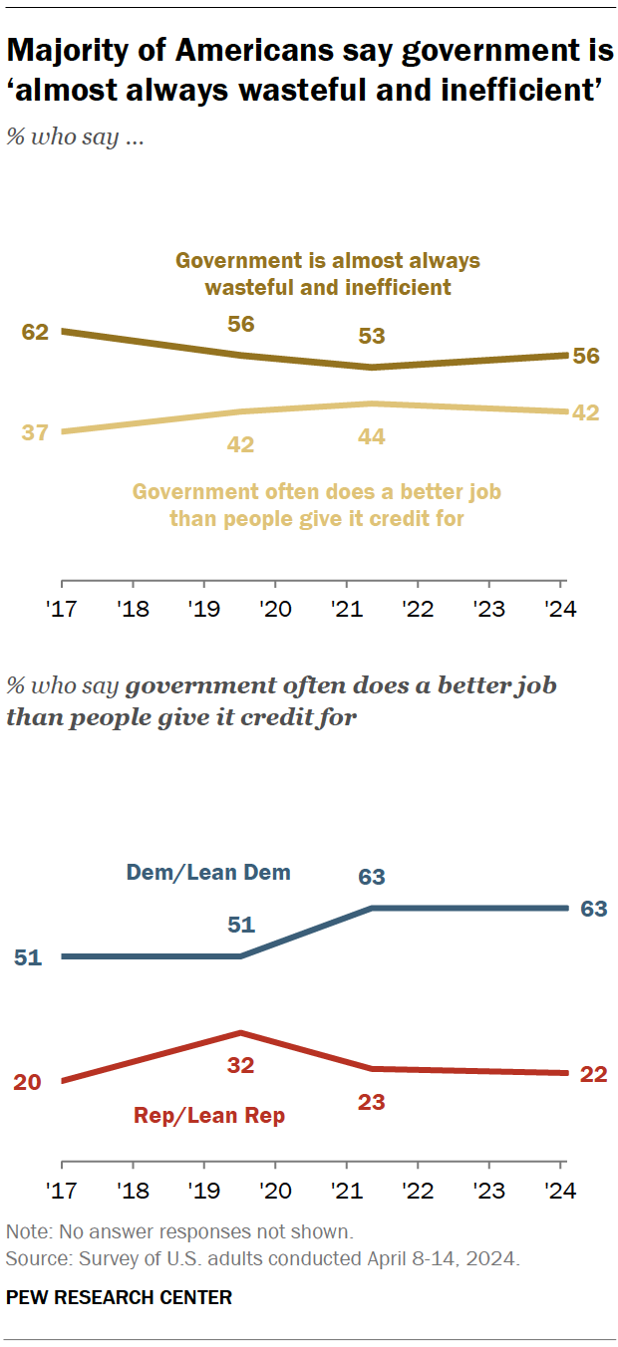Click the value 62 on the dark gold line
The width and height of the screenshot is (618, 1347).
[35, 331]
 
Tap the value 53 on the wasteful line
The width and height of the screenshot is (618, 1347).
[372, 336]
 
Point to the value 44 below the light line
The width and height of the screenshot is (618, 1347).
[372, 435]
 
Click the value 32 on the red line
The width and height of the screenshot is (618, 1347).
[241, 1065]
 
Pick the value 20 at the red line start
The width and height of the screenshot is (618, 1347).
[27, 1082]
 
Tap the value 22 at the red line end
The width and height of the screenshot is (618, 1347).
[595, 1073]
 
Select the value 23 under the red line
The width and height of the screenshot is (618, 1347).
[372, 1103]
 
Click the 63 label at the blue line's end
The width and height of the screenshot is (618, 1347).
[595, 909]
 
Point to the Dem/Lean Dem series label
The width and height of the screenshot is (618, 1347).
[208, 873]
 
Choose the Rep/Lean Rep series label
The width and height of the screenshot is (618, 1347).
[209, 1116]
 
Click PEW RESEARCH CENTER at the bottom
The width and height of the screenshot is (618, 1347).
[119, 1296]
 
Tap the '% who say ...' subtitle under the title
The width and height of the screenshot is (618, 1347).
[76, 138]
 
